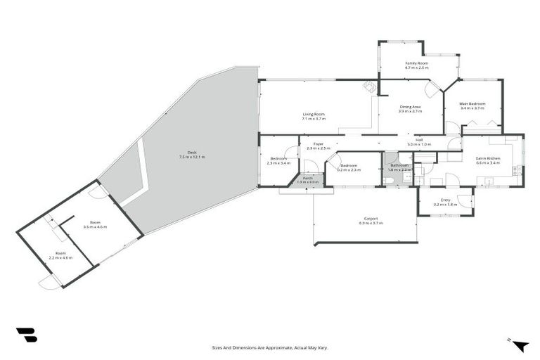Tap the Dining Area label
click(x=410, y=106)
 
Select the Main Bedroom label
click(x=472, y=103)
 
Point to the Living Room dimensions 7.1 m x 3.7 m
click(x=314, y=119)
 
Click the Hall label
click(x=418, y=139)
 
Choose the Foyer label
click(x=319, y=144)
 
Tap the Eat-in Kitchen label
click(x=487, y=159)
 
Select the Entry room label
click(x=445, y=200)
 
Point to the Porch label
click(x=307, y=179)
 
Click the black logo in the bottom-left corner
click(x=26, y=335)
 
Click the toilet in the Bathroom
click(x=389, y=180)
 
